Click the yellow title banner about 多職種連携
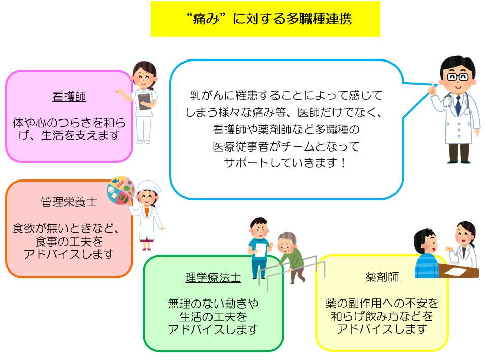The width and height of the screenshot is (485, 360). coord(265,19)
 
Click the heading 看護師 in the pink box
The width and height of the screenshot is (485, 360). coord(69,97)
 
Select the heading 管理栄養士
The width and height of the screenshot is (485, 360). coord(69,202)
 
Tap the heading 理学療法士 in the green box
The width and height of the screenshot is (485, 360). coord(213,278)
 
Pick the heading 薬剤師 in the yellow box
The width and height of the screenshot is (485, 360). coord(382,277)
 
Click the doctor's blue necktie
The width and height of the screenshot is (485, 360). coord(458,105)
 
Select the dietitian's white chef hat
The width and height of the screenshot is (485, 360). coord(149,187)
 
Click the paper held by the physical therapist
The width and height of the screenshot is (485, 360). coord(261,250)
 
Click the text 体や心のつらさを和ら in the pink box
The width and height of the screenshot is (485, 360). coord(69,123)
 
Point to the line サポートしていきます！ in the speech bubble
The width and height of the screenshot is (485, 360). coord(285,162)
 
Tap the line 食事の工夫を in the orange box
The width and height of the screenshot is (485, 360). coord(69,241)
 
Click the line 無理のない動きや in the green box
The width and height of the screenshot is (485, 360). coord(213,304)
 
